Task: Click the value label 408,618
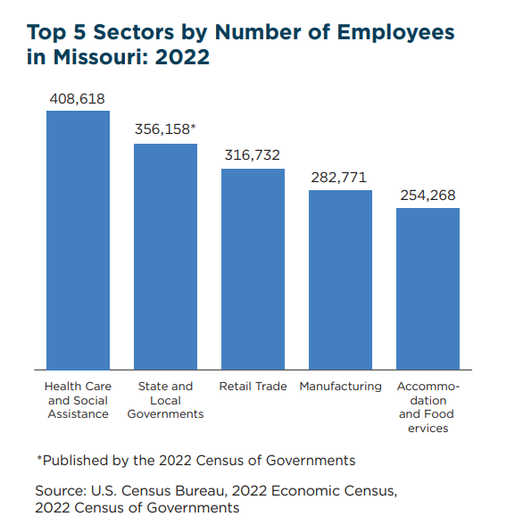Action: (x=78, y=97)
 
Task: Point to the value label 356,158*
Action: (x=165, y=129)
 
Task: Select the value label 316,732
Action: (x=253, y=154)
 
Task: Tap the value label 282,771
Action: (x=339, y=177)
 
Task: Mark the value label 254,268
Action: (x=428, y=195)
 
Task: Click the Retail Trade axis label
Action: (x=253, y=387)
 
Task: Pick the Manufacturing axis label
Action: (x=340, y=387)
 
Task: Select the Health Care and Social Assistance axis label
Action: (x=78, y=400)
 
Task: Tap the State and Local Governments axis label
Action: (x=165, y=400)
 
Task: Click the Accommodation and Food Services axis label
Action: (x=428, y=407)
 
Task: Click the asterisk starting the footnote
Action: (x=39, y=459)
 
